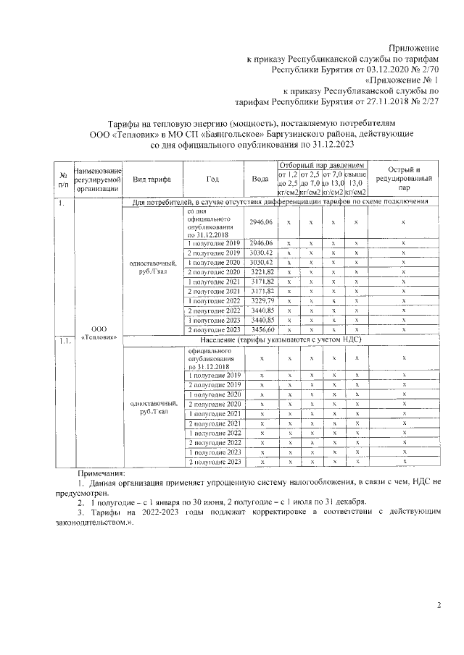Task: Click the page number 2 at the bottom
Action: click(439, 605)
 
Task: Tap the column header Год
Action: click(212, 179)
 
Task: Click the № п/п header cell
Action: click(63, 179)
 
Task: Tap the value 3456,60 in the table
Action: click(260, 329)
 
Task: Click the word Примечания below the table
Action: click(101, 473)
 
